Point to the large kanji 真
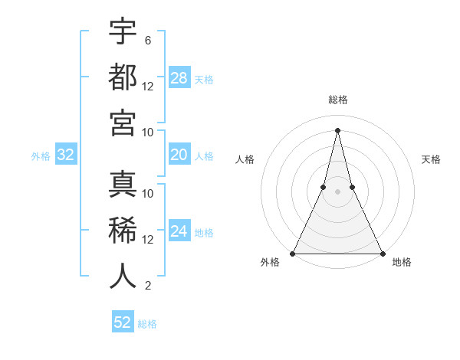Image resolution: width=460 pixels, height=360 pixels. click(x=123, y=185)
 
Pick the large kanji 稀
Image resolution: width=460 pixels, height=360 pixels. click(x=123, y=231)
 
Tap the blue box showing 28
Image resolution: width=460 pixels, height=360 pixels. click(x=179, y=78)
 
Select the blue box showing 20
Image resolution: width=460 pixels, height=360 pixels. click(x=179, y=155)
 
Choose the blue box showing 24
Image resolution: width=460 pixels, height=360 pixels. click(x=179, y=231)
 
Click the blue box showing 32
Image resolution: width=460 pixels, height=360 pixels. click(x=65, y=155)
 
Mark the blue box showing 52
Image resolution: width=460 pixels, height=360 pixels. click(x=123, y=322)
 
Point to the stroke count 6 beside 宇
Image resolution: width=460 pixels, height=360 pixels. click(x=147, y=40)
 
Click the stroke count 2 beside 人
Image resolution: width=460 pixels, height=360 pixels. click(x=147, y=286)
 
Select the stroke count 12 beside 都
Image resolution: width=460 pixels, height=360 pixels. click(x=148, y=87)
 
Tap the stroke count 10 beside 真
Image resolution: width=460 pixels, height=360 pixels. click(x=148, y=194)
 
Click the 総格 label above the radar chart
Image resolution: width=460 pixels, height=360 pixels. click(x=338, y=100)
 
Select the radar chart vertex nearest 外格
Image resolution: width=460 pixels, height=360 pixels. click(x=294, y=253)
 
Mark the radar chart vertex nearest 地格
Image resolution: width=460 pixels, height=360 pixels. click(x=382, y=253)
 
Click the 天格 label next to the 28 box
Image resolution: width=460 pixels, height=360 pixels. click(x=204, y=79)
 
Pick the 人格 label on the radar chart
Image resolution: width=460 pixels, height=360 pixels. click(x=245, y=159)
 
